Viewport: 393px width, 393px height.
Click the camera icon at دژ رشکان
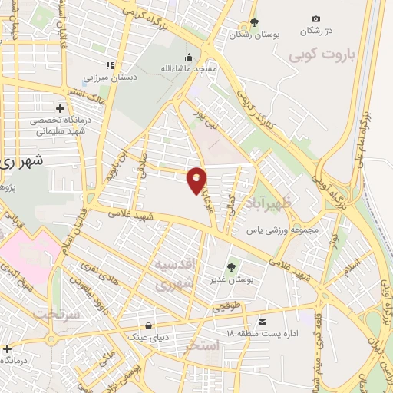point(315,18)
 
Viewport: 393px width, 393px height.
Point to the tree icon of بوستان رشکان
point(255,22)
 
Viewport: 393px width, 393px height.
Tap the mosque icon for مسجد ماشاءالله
point(189,56)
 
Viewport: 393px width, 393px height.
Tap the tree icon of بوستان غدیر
point(230,266)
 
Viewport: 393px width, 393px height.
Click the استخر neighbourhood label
point(203,346)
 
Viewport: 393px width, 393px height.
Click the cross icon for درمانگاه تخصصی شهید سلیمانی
point(60,108)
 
